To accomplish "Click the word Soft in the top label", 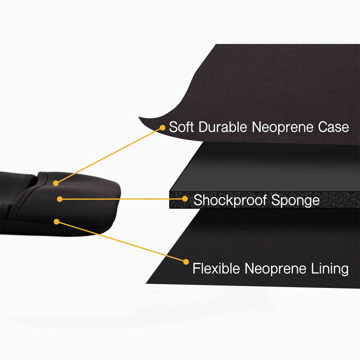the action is (x=181, y=127).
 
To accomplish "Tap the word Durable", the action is (x=223, y=127).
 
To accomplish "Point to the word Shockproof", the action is (x=230, y=200).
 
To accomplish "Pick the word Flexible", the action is (x=216, y=268).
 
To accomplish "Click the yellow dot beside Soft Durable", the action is (x=163, y=128).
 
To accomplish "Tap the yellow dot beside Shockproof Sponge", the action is (x=185, y=199).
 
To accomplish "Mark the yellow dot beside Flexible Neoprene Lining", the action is (x=186, y=262).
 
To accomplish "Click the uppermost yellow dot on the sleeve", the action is (x=56, y=183).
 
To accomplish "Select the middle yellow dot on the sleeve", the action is (x=60, y=199).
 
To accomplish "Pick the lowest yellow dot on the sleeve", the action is (x=57, y=222).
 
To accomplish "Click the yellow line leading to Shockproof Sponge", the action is (x=122, y=199).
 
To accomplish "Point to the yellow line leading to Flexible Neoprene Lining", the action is (x=121, y=242).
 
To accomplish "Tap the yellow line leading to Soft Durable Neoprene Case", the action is (x=109, y=156).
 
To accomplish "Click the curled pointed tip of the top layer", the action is (x=139, y=117).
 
